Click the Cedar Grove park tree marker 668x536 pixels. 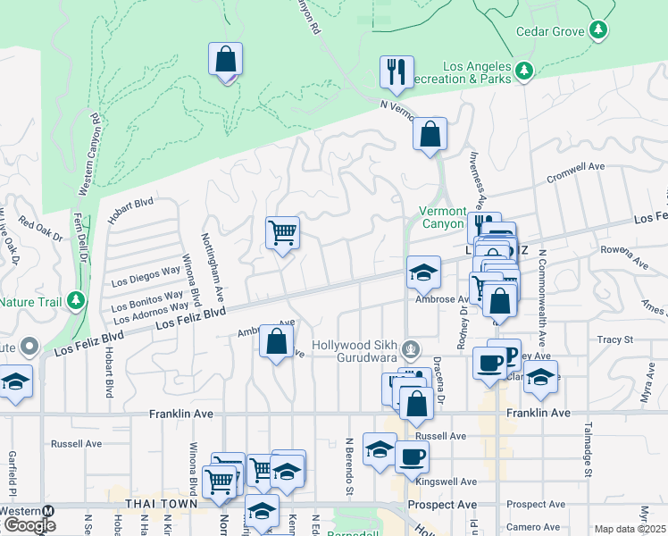598,31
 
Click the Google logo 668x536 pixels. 29,525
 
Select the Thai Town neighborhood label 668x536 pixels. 160,504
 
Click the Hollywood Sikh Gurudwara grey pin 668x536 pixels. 410,348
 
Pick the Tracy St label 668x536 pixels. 614,339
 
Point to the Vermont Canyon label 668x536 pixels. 443,217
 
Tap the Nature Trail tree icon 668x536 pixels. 78,300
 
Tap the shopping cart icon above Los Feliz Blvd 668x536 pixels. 282,233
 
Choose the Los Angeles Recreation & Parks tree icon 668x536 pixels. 524,70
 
